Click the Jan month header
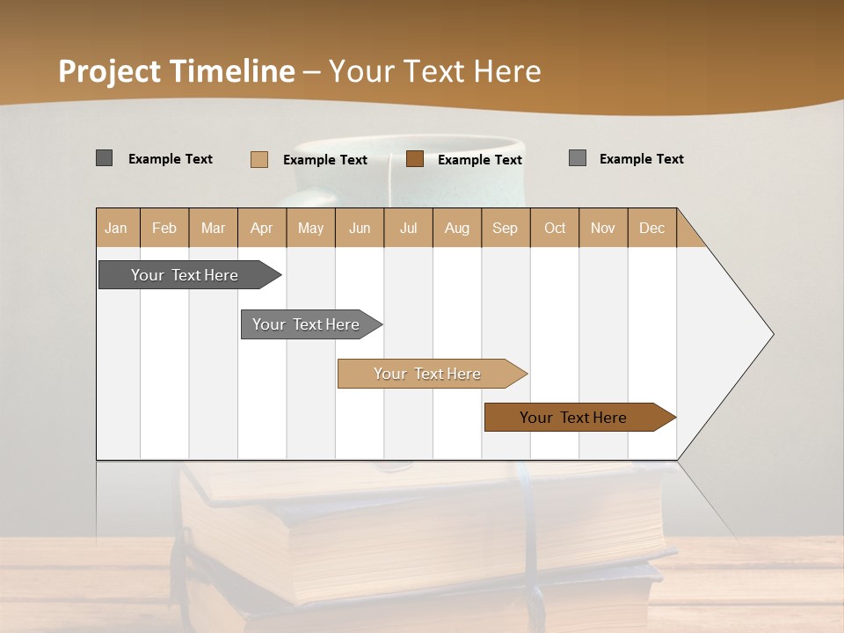[x=116, y=228]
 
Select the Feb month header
[x=164, y=228]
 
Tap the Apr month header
[x=261, y=228]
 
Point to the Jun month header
[x=360, y=228]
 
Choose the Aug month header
[x=456, y=228]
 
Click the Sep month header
[x=505, y=228]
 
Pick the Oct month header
[x=555, y=228]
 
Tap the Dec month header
[x=651, y=228]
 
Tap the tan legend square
[x=259, y=159]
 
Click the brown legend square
[x=415, y=159]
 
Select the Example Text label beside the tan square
[x=324, y=160]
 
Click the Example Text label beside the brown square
[x=479, y=160]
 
